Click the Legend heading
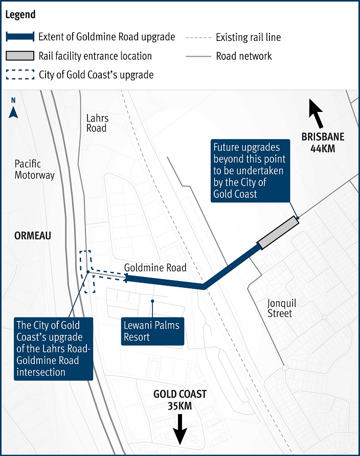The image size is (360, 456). (x=20, y=14)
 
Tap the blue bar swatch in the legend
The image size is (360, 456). (x=20, y=37)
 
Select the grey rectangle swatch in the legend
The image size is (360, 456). (x=20, y=56)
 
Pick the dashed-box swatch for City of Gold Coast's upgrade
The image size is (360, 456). (x=20, y=75)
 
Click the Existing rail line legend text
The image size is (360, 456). (x=249, y=37)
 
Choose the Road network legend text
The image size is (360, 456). (x=244, y=56)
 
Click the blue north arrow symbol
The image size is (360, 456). (x=13, y=112)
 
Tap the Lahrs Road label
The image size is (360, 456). (x=98, y=123)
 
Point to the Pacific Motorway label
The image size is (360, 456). (x=35, y=169)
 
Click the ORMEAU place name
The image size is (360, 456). (x=33, y=236)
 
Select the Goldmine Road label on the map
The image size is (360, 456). (x=155, y=267)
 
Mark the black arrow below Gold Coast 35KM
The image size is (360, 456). (x=180, y=429)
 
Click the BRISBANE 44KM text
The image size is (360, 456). (x=323, y=143)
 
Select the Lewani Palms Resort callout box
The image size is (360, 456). (x=152, y=331)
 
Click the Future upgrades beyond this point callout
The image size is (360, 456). (x=251, y=171)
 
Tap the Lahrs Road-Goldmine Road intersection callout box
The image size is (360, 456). (x=54, y=349)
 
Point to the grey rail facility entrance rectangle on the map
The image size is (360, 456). (x=279, y=233)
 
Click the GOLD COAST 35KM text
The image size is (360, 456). (x=180, y=400)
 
